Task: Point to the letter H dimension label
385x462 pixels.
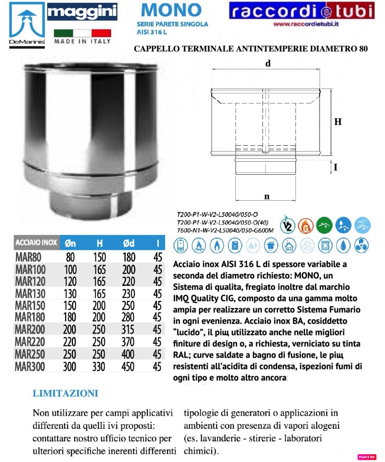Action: (x=338, y=122)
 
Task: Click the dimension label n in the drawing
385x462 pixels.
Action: (x=267, y=196)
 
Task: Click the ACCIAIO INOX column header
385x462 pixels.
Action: (x=37, y=243)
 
